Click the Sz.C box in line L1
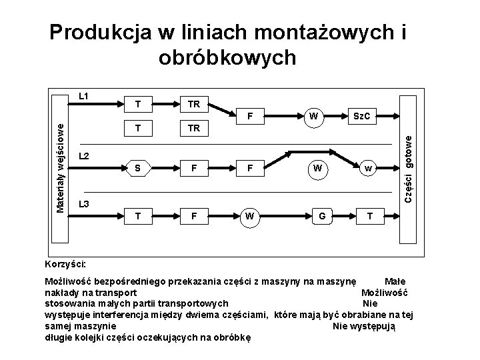361,117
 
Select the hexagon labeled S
137,168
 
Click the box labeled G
322,215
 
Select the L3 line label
85,203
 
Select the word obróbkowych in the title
227,58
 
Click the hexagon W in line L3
249,215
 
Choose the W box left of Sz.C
311,117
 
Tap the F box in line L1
249,117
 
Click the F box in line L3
194,215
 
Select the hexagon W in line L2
318,168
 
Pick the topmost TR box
194,104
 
